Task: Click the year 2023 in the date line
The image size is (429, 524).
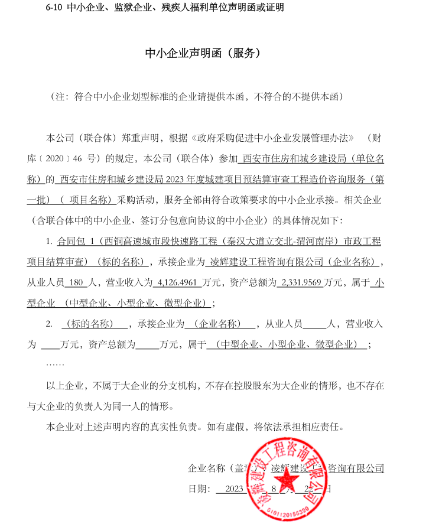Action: pos(234,489)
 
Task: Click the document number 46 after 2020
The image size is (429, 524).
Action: pos(90,160)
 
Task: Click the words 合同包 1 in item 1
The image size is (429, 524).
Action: pos(78,242)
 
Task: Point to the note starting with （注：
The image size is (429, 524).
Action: pos(195,95)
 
